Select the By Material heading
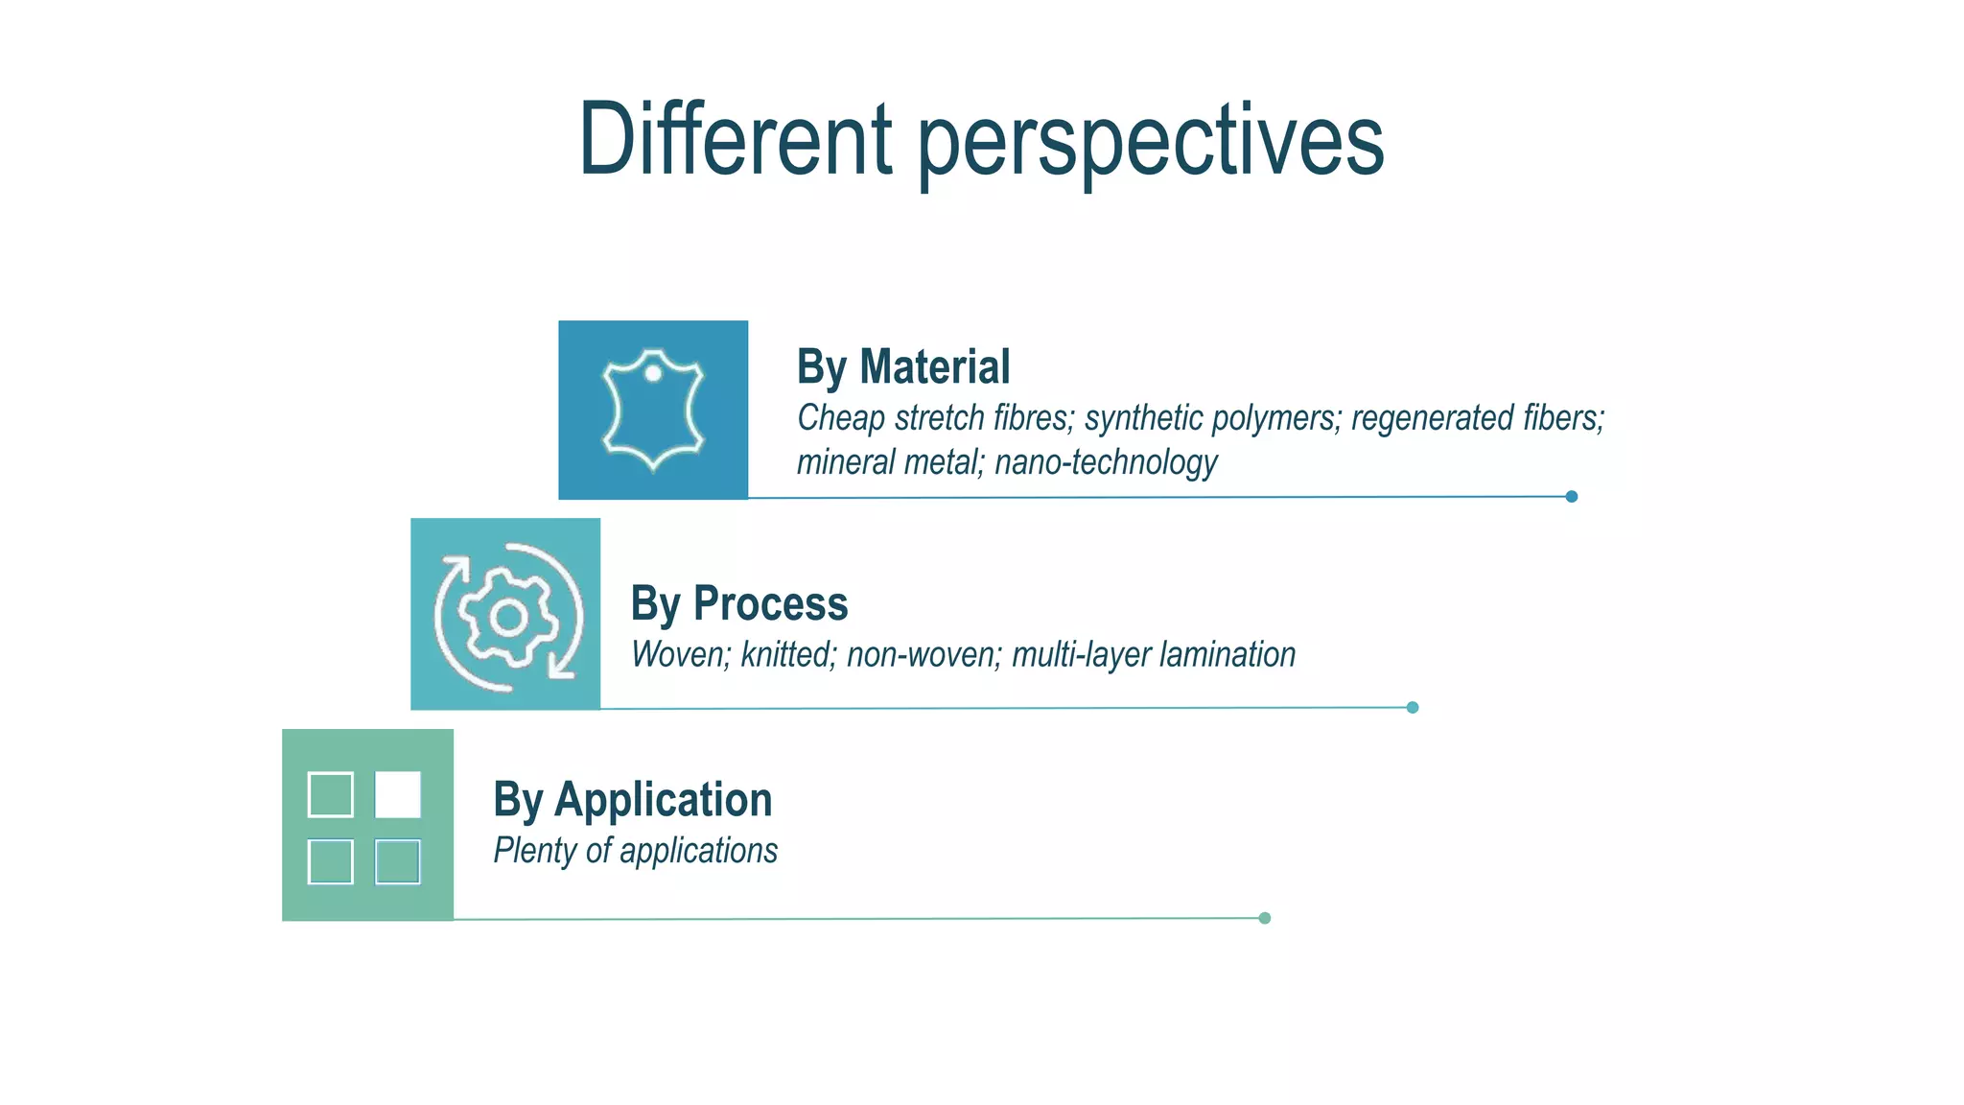tap(903, 366)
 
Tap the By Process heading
tap(739, 603)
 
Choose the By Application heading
tap(633, 799)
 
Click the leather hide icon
tap(653, 411)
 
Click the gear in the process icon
tap(507, 618)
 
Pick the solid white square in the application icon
tap(398, 794)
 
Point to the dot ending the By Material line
tap(1571, 496)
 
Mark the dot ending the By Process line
tap(1412, 707)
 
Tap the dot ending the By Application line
tap(1264, 918)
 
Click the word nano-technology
tap(1106, 462)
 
